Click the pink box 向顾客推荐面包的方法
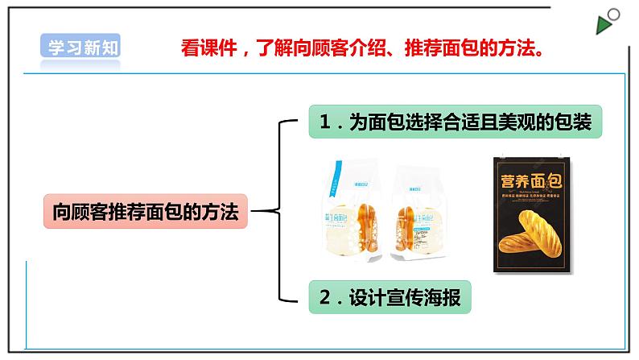(145, 213)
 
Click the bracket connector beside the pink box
(278, 212)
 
